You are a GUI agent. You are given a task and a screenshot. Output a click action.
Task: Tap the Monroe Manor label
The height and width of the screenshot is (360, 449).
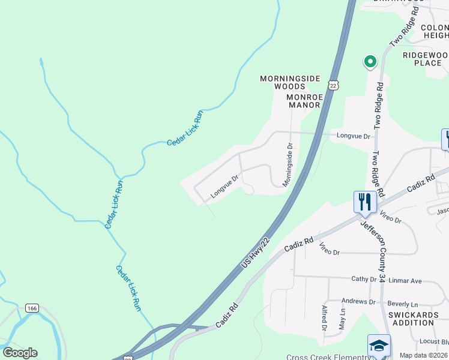pyautogui.click(x=304, y=101)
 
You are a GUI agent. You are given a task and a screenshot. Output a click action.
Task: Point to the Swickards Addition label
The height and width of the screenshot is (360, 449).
pyautogui.click(x=412, y=319)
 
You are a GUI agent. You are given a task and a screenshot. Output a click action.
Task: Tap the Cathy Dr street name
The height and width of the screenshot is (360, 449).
pyautogui.click(x=364, y=279)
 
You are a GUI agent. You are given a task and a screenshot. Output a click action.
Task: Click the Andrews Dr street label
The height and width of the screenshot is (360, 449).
pyautogui.click(x=358, y=302)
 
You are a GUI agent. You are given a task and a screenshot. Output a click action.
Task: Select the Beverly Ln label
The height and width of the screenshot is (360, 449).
pyautogui.click(x=402, y=304)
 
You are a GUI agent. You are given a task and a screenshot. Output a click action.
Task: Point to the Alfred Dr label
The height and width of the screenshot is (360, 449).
pyautogui.click(x=324, y=318)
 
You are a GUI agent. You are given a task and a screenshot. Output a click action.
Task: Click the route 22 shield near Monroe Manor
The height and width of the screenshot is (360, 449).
pyautogui.click(x=334, y=84)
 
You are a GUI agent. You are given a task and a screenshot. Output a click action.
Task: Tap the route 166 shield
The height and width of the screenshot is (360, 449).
pyautogui.click(x=32, y=308)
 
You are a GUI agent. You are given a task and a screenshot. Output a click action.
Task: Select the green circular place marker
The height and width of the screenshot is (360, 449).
pyautogui.click(x=370, y=61)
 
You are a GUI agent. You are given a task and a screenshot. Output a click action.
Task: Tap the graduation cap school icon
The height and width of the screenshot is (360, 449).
pyautogui.click(x=379, y=346)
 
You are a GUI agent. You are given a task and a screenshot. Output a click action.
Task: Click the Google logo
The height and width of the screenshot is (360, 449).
pyautogui.click(x=19, y=353)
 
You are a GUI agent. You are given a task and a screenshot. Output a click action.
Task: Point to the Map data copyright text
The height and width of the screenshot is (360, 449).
pyautogui.click(x=424, y=355)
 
